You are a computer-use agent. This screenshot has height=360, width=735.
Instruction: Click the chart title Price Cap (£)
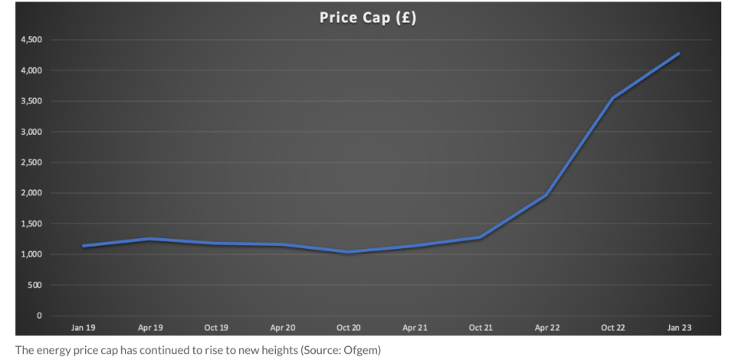click(x=368, y=18)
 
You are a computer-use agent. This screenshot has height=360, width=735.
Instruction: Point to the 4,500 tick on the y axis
click(x=31, y=40)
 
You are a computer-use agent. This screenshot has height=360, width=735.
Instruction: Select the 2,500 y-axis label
click(x=31, y=162)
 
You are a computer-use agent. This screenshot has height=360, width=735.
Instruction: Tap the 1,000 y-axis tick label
click(x=31, y=254)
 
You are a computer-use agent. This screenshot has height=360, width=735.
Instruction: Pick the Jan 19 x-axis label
click(x=84, y=328)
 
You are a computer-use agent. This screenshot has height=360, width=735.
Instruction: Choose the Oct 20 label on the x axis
click(x=348, y=328)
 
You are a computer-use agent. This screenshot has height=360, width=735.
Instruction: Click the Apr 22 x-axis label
click(x=546, y=328)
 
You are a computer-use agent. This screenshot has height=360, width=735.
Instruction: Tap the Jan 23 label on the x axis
click(x=679, y=328)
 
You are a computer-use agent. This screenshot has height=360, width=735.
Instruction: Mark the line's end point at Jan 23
click(x=679, y=53)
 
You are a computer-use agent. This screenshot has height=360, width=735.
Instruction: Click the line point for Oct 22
click(x=612, y=98)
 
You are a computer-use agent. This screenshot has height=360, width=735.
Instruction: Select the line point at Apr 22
click(x=546, y=195)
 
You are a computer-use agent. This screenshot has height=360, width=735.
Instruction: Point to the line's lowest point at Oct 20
click(x=348, y=252)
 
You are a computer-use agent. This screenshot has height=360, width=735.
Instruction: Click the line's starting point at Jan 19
click(x=84, y=246)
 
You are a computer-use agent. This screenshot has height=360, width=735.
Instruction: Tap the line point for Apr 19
click(x=149, y=239)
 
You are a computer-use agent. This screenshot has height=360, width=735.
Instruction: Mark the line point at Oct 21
click(x=481, y=237)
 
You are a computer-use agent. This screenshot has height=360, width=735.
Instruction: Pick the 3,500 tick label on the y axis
click(x=31, y=101)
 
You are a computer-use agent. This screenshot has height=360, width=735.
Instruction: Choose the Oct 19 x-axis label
click(x=216, y=328)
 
